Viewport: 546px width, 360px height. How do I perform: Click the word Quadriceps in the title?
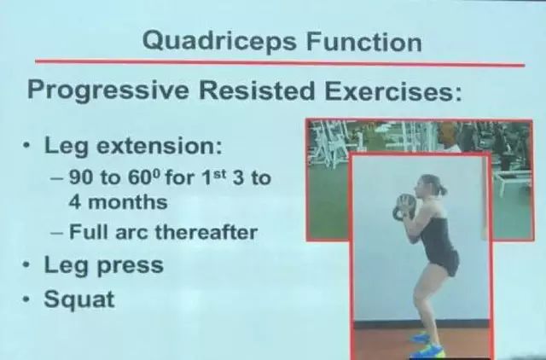click(220, 42)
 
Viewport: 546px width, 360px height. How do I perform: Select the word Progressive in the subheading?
click(108, 90)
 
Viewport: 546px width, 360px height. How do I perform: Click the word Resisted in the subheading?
click(257, 90)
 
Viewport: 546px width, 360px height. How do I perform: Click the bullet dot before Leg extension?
click(26, 145)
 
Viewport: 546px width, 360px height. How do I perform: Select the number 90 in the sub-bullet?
click(82, 177)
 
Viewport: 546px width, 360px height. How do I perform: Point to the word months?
click(128, 202)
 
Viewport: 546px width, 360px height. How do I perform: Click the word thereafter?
click(206, 232)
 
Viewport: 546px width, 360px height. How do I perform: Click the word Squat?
click(79, 299)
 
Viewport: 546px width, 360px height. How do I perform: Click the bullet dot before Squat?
click(26, 299)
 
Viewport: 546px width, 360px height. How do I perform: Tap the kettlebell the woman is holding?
click(403, 207)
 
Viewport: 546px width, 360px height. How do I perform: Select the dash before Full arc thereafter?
click(56, 233)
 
